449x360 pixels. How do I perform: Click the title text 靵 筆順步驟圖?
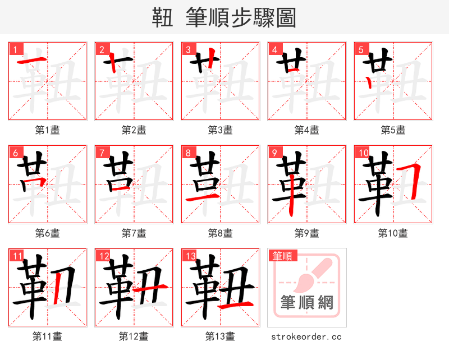pos(224,17)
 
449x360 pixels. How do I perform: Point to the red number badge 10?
pos(363,153)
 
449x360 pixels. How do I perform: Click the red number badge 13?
pos(190,256)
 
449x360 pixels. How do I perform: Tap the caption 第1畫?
pos(48,130)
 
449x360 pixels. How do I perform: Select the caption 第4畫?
pos(307,130)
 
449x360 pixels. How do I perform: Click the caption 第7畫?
pos(134,233)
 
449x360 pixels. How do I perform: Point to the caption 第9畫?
pos(307,233)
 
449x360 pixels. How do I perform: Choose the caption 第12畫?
pos(134,336)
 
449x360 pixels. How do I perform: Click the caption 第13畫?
pos(221,336)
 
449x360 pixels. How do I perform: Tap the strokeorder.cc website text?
pos(306,336)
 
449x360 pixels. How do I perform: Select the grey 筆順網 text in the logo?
pos(307,303)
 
